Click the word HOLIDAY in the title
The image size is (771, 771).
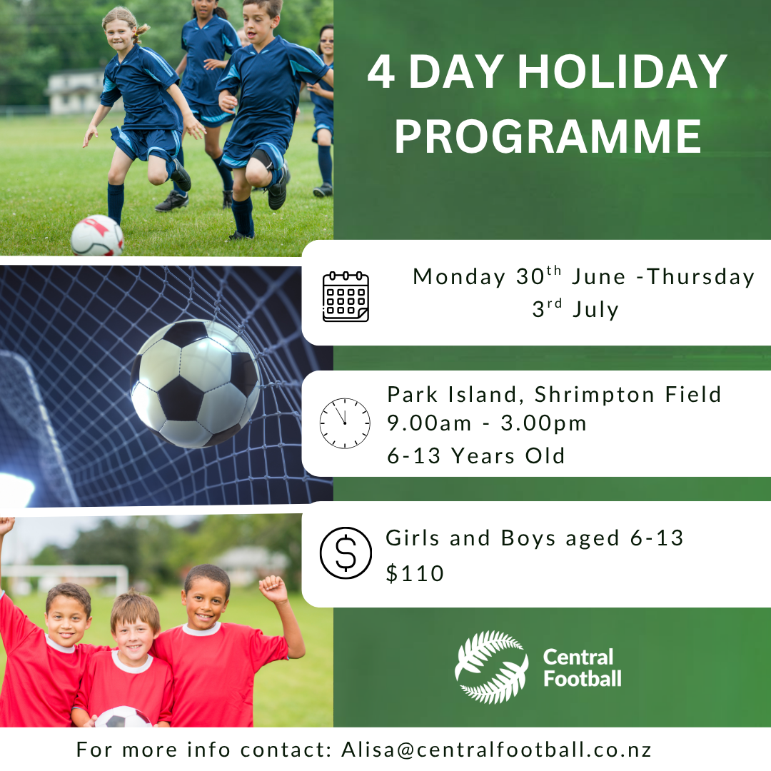(622, 71)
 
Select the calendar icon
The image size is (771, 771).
(346, 296)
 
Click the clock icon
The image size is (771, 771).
(345, 423)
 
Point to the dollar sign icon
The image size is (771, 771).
(346, 553)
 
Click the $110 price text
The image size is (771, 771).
(415, 573)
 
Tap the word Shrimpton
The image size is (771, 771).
(595, 395)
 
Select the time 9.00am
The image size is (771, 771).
(429, 423)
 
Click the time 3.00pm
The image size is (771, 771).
(543, 423)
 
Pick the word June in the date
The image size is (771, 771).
(598, 277)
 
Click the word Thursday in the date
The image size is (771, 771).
(700, 277)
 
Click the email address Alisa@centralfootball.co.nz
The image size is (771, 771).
(497, 750)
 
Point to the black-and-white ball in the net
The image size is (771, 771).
(195, 383)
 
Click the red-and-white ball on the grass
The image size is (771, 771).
(97, 236)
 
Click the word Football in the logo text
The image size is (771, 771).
(583, 679)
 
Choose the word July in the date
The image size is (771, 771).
(595, 310)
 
